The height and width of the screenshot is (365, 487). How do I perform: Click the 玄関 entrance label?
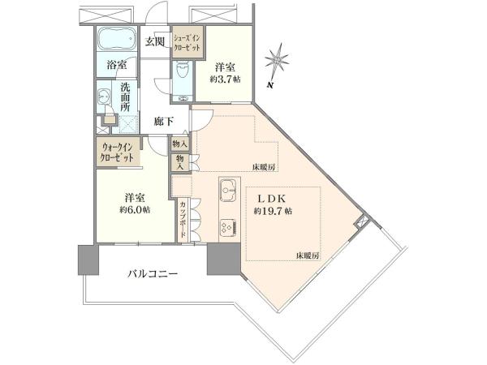[x=155, y=41]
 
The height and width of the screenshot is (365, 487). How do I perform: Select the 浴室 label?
[x=116, y=65]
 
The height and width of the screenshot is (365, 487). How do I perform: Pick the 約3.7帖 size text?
[x=225, y=79]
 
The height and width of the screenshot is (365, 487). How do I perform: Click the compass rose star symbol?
[x=277, y=60]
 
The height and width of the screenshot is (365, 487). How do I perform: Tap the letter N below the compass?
[x=271, y=84]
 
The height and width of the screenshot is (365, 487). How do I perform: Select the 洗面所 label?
[x=125, y=97]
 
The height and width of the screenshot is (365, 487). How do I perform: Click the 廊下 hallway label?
[x=164, y=122]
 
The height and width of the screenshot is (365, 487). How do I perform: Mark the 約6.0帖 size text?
[x=135, y=210]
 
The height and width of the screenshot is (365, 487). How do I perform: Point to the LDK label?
[x=272, y=198]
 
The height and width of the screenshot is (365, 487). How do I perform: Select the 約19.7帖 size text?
[x=273, y=212]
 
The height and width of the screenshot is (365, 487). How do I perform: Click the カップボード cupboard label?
[x=183, y=219]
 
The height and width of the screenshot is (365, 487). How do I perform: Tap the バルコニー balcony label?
[x=153, y=274]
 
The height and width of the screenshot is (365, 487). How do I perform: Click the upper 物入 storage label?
[x=180, y=144]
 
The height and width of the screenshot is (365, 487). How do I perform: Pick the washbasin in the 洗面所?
[x=103, y=97]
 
